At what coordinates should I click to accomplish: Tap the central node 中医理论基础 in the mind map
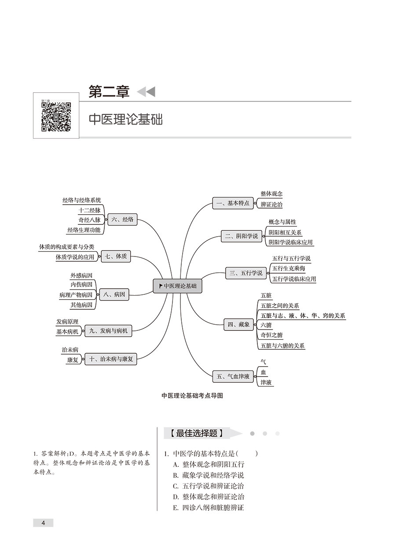177,286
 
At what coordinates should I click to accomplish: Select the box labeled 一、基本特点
233,203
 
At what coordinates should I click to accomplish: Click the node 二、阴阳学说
242,236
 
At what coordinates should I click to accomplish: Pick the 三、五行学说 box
246,273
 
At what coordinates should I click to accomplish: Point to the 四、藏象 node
239,325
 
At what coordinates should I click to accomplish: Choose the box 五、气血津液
233,377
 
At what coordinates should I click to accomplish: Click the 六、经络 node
122,220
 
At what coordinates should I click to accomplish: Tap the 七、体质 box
116,257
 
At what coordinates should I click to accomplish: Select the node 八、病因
114,294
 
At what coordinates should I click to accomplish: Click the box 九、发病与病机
108,331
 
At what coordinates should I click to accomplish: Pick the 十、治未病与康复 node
111,359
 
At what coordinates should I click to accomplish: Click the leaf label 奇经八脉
89,220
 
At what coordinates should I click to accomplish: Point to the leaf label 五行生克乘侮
289,269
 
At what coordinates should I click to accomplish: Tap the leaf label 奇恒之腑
271,335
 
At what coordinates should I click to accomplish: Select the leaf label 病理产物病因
76,295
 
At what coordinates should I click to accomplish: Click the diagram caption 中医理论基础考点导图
192,396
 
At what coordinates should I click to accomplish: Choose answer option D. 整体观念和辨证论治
209,497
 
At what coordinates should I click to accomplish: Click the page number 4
43,521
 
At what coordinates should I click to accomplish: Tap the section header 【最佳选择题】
197,433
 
